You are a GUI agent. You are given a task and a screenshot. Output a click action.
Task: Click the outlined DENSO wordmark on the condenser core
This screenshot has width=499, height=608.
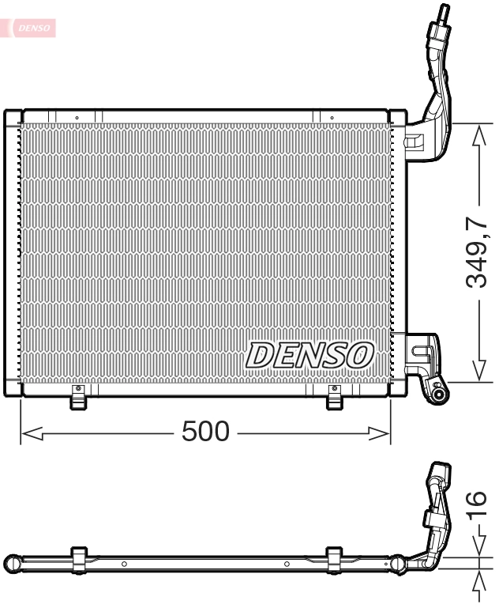[x=310, y=355]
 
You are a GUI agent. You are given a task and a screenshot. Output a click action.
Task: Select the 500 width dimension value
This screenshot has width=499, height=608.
[x=205, y=432]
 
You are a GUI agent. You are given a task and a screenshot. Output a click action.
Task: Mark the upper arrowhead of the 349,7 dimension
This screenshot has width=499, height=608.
[x=479, y=134]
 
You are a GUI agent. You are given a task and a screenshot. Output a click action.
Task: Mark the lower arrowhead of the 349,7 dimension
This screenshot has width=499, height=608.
[x=479, y=372]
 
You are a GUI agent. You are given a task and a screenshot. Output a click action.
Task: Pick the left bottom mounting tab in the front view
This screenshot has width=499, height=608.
[x=77, y=398]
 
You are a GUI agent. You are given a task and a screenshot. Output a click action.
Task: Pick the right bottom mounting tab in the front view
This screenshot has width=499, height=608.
[x=335, y=398]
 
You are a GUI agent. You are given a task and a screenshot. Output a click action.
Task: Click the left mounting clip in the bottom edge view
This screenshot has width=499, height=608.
[x=79, y=557]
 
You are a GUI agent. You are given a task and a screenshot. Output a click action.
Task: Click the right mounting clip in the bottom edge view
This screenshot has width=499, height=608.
[x=334, y=557]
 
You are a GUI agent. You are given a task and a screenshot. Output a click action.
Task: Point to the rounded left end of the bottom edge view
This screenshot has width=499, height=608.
[x=11, y=564]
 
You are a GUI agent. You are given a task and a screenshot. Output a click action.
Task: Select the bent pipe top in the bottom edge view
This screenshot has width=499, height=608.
[x=438, y=474]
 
